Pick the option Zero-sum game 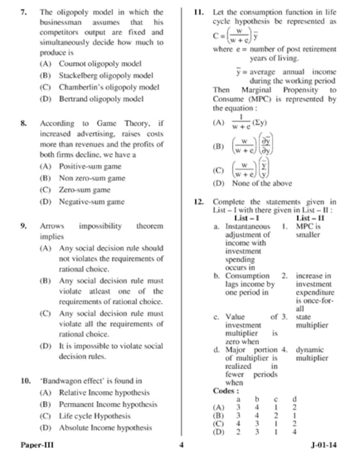click(84, 190)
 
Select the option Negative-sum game click(91, 202)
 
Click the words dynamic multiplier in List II click(312, 354)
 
